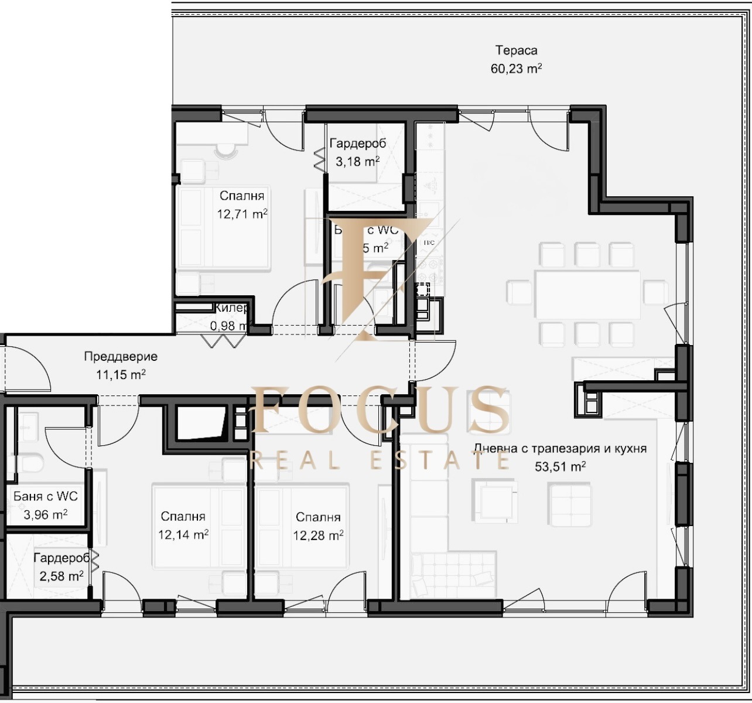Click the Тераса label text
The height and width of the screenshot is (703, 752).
coord(516,50)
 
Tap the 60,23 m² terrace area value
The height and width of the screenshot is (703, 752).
coord(516,69)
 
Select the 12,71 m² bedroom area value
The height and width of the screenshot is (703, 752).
coord(242,214)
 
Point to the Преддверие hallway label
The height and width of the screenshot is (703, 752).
coord(121,356)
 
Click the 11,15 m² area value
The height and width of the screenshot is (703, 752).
coord(121,375)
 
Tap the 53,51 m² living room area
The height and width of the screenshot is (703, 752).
coord(560,467)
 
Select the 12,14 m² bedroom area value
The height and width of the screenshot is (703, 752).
coord(183,534)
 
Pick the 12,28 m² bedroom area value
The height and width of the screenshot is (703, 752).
coord(318,535)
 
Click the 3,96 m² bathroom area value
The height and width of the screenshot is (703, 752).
coord(45,514)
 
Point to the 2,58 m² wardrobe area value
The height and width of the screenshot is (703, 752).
coord(61,576)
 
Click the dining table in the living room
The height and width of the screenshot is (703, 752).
coord(587,294)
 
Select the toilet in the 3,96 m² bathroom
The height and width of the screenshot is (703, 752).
coord(29,463)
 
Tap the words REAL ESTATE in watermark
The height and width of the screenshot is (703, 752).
coord(380,460)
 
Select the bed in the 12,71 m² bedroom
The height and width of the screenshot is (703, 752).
coord(224,228)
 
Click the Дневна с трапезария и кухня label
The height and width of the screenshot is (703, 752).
coord(560,449)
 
